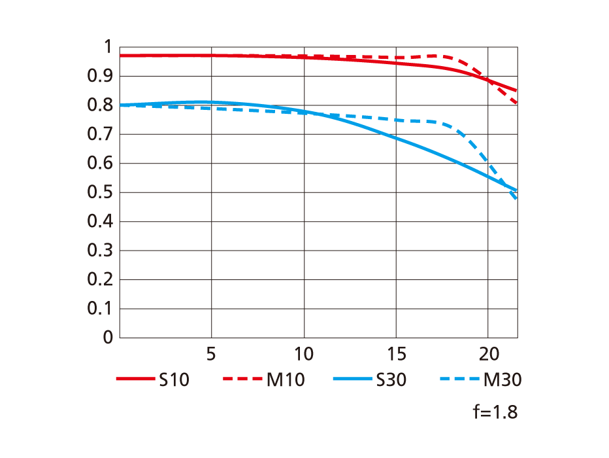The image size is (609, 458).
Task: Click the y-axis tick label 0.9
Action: click(x=100, y=77)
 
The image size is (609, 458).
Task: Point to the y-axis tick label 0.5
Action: click(x=100, y=192)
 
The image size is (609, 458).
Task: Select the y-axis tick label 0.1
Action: click(x=100, y=308)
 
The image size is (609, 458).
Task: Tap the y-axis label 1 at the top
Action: click(x=107, y=47)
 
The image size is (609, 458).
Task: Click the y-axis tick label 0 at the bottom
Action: click(x=107, y=338)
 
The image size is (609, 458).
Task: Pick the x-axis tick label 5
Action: click(x=211, y=355)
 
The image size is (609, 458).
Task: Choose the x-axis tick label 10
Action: click(x=303, y=355)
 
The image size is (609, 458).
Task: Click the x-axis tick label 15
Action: click(x=396, y=355)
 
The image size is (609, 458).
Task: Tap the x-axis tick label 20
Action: click(x=488, y=355)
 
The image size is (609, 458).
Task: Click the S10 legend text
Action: click(x=174, y=380)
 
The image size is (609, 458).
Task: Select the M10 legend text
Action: click(x=286, y=380)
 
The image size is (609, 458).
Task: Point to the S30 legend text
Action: click(x=391, y=380)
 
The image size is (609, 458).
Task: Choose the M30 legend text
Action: click(x=502, y=380)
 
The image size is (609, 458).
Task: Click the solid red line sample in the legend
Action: click(x=135, y=379)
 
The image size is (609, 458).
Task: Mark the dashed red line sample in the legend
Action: click(x=242, y=379)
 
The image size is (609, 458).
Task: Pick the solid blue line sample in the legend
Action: click(x=352, y=379)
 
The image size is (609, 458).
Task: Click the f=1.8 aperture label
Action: click(x=495, y=413)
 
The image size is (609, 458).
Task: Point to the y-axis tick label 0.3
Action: click(x=100, y=251)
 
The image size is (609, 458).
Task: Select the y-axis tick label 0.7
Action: click(x=100, y=135)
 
